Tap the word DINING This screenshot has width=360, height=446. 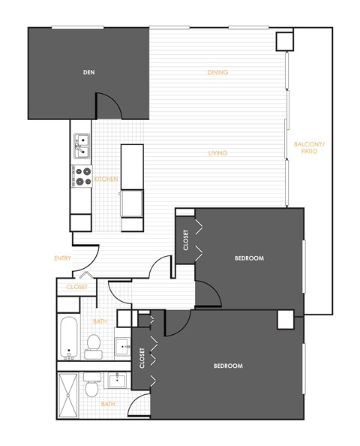pyautogui.click(x=217, y=73)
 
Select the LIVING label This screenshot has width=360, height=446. pyautogui.click(x=217, y=153)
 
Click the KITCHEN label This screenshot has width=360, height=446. pyautogui.click(x=105, y=179)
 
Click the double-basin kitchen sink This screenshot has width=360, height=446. pyautogui.click(x=81, y=146)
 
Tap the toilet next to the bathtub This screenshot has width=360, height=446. pyautogui.click(x=94, y=345)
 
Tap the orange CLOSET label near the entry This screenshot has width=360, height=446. pyautogui.click(x=76, y=287)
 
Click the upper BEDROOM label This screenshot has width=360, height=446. pyautogui.click(x=249, y=258)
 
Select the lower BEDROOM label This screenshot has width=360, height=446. pyautogui.click(x=228, y=366)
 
